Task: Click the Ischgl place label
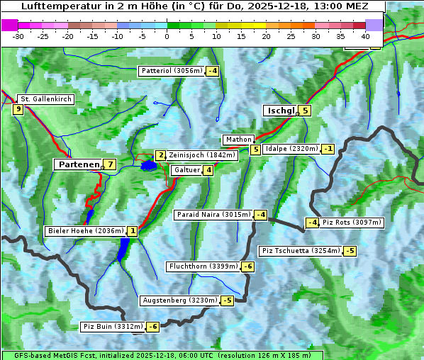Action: (x=281, y=111)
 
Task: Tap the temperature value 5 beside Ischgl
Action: (x=305, y=111)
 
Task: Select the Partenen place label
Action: (x=78, y=164)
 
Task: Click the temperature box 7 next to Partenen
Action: (x=109, y=164)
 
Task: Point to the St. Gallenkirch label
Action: (x=45, y=99)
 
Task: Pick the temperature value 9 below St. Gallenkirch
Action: (x=18, y=109)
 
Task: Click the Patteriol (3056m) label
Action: (x=172, y=71)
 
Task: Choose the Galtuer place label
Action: (x=186, y=170)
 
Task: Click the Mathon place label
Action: (x=238, y=140)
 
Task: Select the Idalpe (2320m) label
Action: (x=291, y=149)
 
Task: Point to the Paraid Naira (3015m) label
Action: (x=213, y=215)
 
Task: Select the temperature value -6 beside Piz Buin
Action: (x=153, y=327)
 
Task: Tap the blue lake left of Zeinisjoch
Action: (x=148, y=166)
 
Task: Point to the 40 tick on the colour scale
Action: (x=365, y=35)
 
